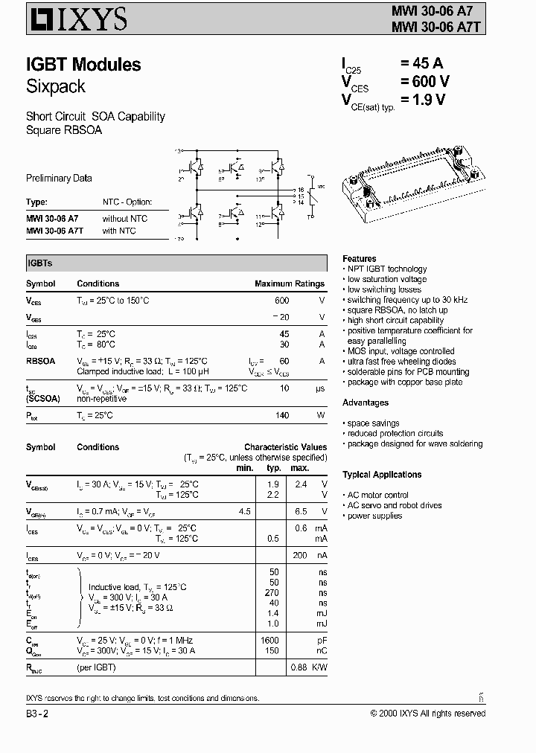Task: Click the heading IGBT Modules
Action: pyautogui.click(x=83, y=65)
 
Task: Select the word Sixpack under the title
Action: pyautogui.click(x=56, y=86)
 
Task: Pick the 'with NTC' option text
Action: pyautogui.click(x=119, y=231)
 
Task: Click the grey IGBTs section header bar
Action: pyautogui.click(x=175, y=263)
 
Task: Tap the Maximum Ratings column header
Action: pyautogui.click(x=289, y=283)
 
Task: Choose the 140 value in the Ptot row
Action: pyautogui.click(x=281, y=414)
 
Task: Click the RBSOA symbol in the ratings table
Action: pyautogui.click(x=42, y=360)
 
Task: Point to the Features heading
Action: pyautogui.click(x=359, y=257)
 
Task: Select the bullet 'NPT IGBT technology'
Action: pyautogui.click(x=386, y=269)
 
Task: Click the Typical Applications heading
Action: pyautogui.click(x=382, y=474)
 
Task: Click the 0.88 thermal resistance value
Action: pyautogui.click(x=299, y=667)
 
